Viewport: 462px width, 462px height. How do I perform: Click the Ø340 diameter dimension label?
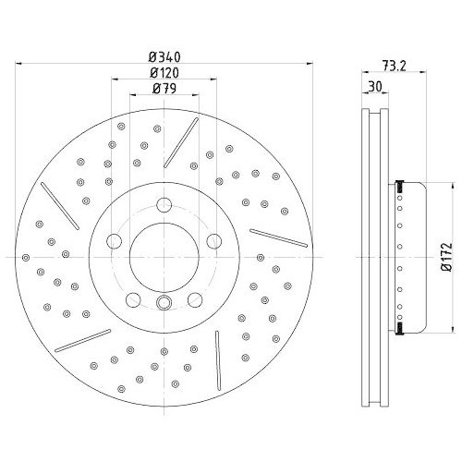164,55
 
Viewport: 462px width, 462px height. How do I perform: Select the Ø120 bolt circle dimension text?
164,71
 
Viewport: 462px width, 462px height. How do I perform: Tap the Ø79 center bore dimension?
164,89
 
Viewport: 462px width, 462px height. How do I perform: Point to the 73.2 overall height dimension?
395,66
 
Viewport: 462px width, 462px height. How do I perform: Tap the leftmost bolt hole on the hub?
114,242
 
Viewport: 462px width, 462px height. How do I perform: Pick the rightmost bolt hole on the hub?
215,242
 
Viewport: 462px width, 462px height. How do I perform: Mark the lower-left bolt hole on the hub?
133,299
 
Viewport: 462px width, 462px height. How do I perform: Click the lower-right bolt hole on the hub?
196,299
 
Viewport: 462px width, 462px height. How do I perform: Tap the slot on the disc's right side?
278,237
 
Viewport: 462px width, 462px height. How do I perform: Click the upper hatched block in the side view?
400,188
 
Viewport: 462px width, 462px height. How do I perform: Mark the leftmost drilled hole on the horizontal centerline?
25,256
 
